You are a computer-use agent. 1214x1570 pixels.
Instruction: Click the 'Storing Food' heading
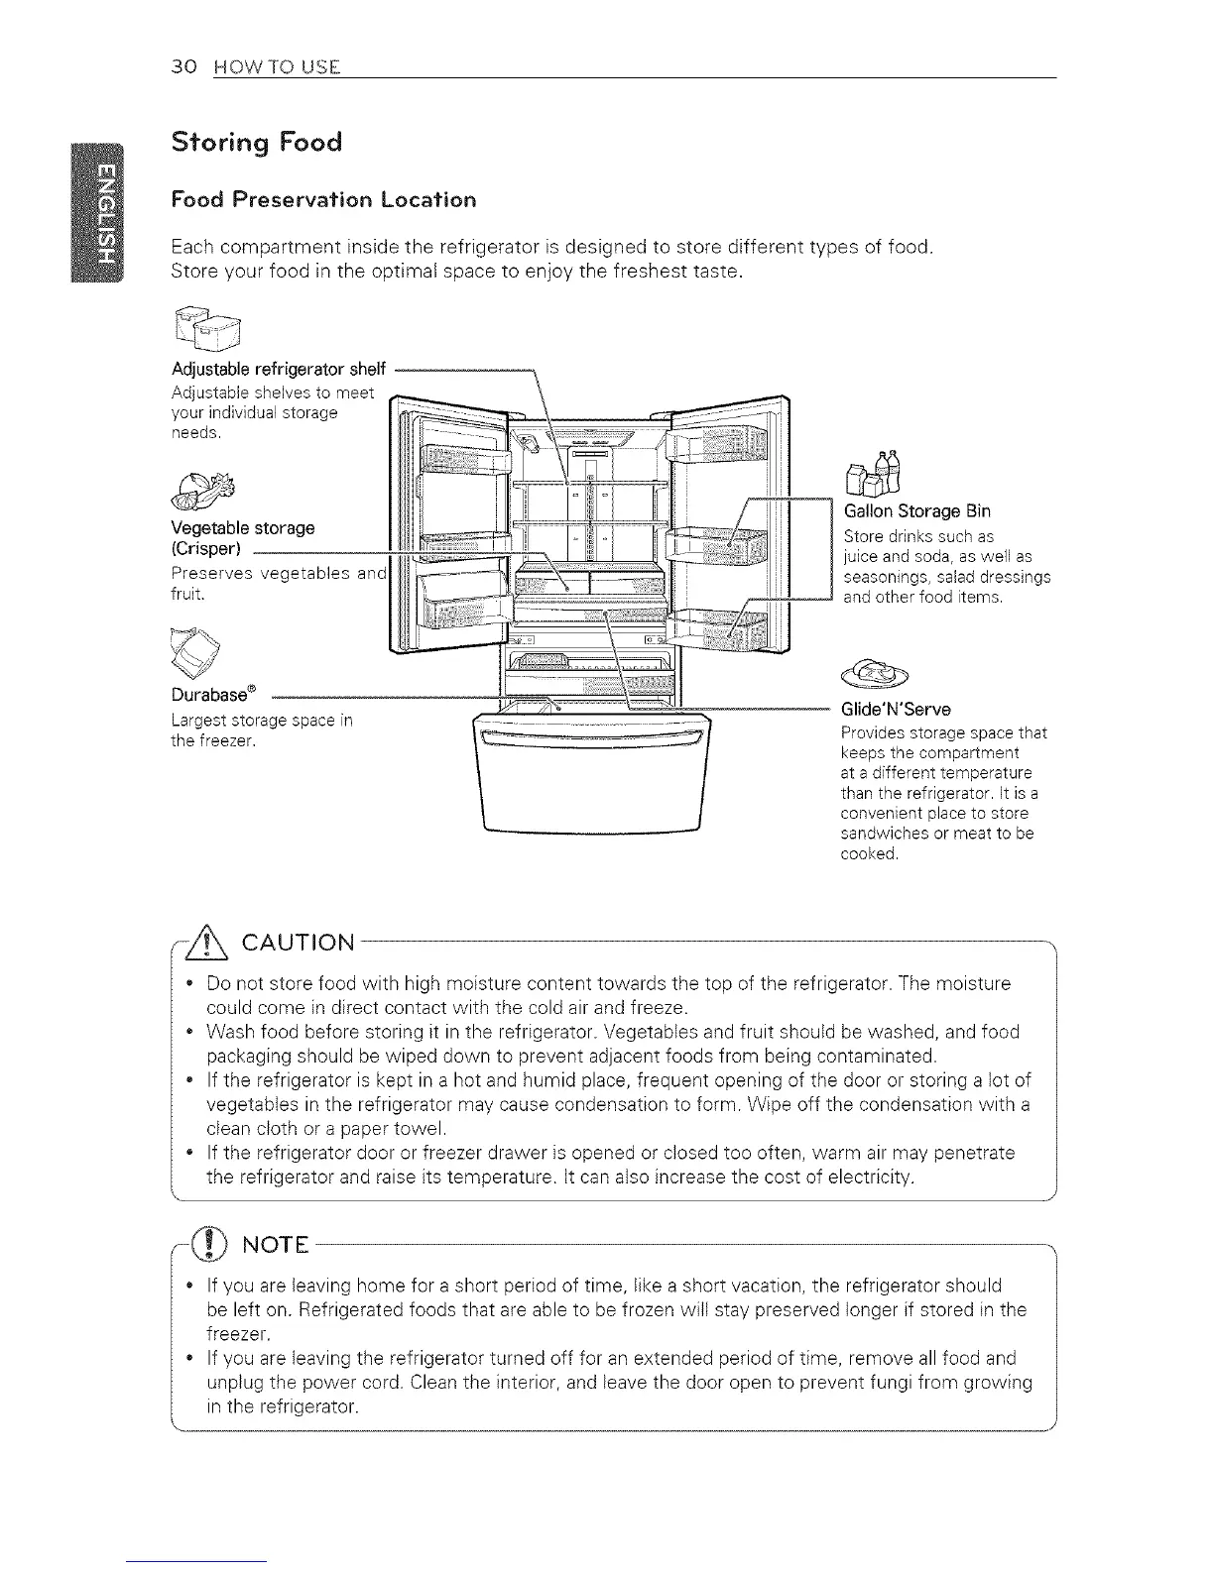(x=257, y=143)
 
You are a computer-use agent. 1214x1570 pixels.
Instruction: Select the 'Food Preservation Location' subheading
(x=323, y=199)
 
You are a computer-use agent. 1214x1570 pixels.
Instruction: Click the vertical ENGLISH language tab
(x=98, y=213)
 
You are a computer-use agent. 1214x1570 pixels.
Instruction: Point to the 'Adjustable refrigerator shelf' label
(x=278, y=370)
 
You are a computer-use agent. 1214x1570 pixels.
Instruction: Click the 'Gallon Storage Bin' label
(x=916, y=511)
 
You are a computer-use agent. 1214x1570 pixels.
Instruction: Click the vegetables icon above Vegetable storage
(x=205, y=486)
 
